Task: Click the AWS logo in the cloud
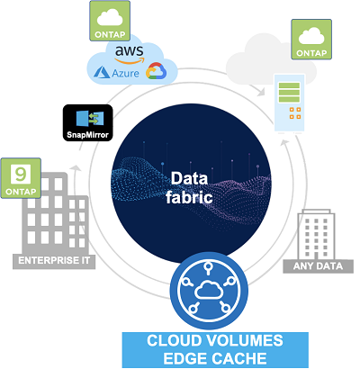130,55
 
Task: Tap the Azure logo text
125,73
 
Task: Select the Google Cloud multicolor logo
156,71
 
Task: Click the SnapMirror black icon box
88,122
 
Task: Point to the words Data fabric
189,188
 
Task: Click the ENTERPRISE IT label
54,260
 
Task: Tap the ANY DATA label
318,266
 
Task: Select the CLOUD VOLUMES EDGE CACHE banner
215,350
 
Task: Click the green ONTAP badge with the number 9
21,178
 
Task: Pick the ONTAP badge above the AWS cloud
110,21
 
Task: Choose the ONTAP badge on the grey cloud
311,40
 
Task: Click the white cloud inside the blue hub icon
209,290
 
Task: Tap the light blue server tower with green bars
290,103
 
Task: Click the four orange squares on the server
295,112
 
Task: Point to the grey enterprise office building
56,213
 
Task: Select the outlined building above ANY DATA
316,235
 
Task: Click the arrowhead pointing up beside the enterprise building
76,168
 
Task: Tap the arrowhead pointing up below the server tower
284,144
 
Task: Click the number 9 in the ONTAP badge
21,173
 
